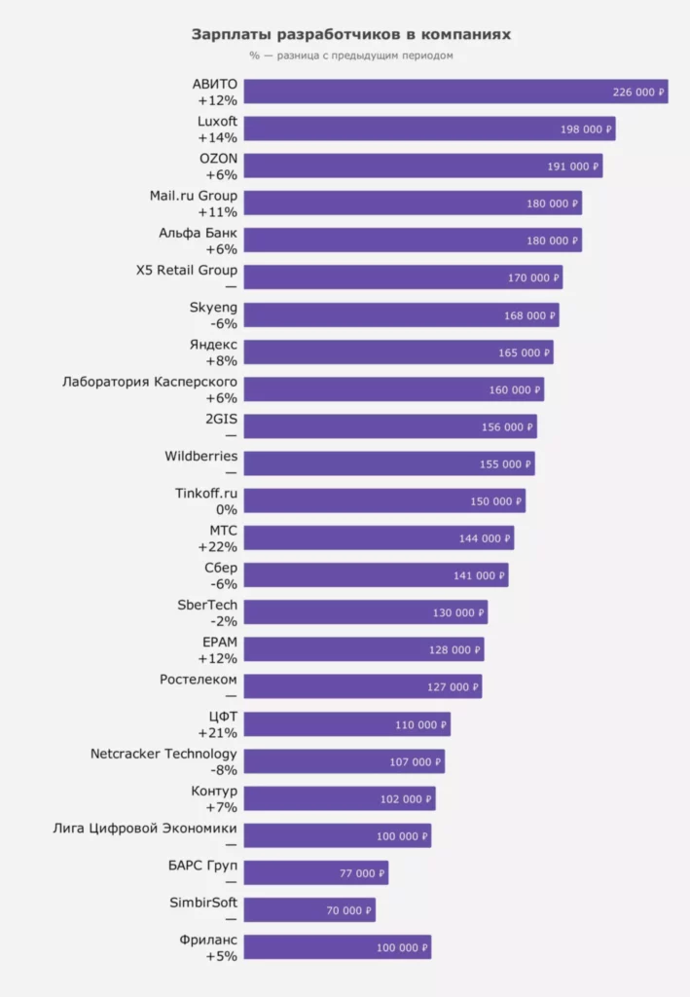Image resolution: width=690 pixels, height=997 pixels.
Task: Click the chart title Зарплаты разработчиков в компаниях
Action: pos(350,34)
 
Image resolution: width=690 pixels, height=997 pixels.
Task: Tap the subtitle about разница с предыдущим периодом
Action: pos(350,55)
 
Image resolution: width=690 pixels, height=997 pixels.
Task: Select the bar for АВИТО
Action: pos(455,92)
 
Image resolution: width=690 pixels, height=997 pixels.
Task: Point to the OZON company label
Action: pos(218,158)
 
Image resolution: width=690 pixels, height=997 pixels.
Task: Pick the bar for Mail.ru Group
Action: pos(413,203)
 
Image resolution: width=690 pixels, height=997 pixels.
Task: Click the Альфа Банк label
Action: pos(198,234)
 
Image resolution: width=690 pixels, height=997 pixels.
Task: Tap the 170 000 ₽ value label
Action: pos(533,277)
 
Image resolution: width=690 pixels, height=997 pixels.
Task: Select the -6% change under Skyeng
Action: pos(225,323)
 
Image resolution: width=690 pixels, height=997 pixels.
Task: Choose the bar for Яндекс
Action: pos(398,351)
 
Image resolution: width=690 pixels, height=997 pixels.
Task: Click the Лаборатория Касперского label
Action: pos(150,382)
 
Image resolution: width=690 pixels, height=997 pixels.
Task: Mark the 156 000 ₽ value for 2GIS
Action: pos(507,426)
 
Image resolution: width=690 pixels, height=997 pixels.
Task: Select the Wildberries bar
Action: pos(389,463)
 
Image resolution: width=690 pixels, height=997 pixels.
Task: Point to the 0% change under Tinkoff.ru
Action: pos(227,509)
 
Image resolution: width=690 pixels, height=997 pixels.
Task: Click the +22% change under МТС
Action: pos(217,546)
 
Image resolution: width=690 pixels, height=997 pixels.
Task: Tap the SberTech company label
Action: pos(207,605)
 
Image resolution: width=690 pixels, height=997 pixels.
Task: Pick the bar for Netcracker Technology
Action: pos(344,761)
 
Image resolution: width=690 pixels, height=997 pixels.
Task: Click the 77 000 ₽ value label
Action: pos(362,873)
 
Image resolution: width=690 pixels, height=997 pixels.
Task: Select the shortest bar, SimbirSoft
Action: pos(309,910)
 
